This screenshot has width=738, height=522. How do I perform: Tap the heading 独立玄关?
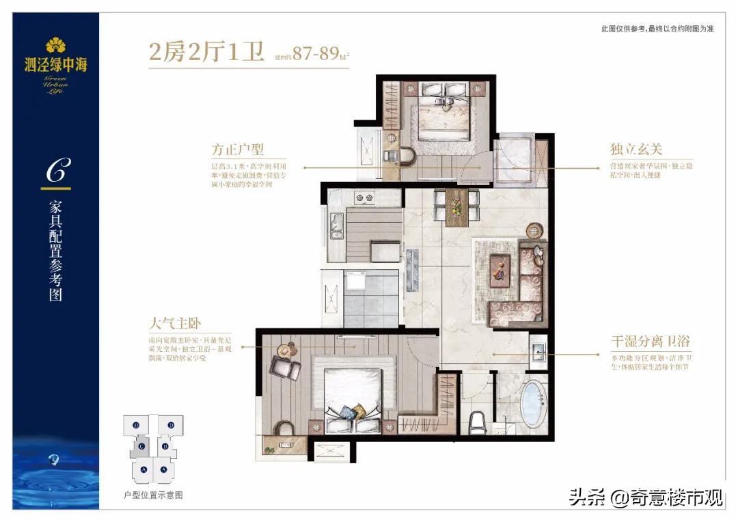(x=636, y=150)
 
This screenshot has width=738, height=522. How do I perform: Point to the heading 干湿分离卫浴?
(x=646, y=339)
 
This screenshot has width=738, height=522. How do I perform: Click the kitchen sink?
(x=337, y=225)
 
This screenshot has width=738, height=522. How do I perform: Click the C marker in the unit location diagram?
(x=141, y=447)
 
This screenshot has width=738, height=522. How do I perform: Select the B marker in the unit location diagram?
(x=165, y=448)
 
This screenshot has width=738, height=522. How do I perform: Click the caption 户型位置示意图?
(x=153, y=494)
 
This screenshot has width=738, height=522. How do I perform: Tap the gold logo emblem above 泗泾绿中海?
(x=55, y=45)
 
